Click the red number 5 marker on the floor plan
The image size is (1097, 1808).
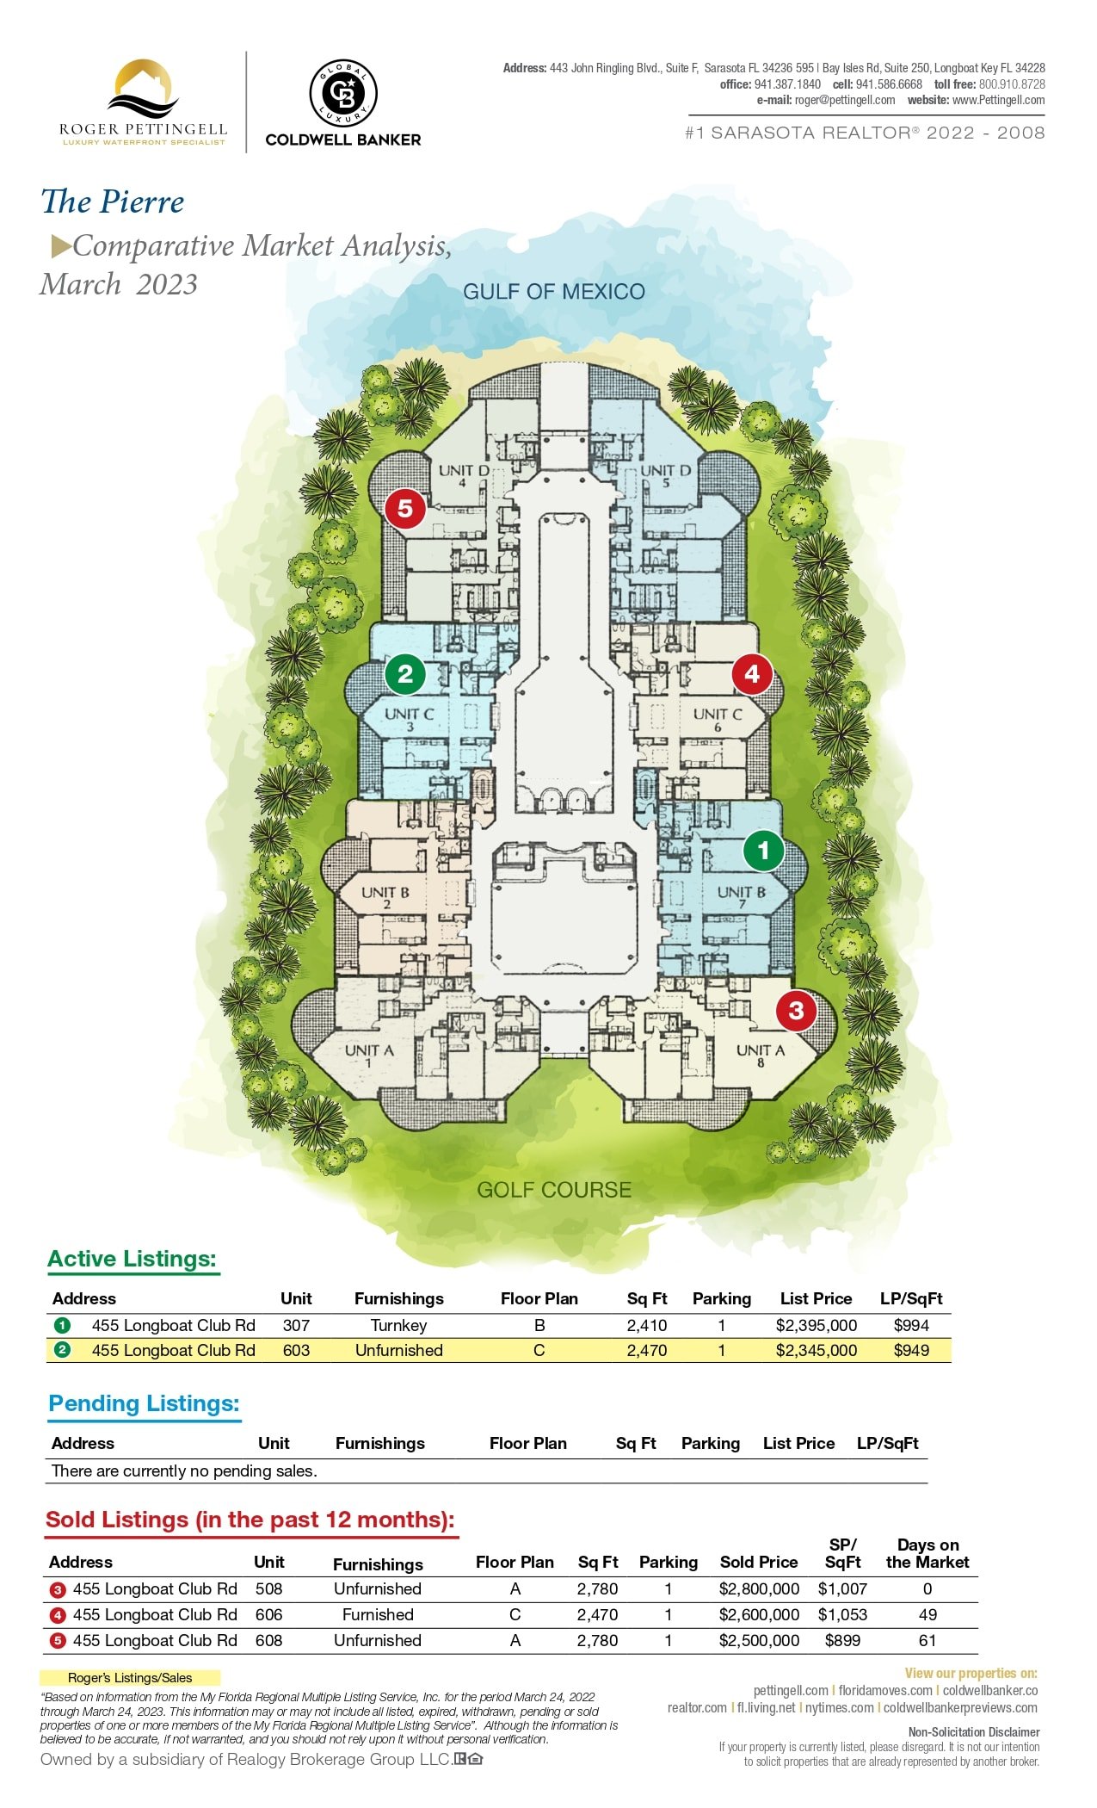coord(405,509)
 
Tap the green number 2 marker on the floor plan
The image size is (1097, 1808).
coord(405,673)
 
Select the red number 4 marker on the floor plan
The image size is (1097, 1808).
coord(752,673)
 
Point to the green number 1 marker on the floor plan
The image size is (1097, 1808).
coord(763,851)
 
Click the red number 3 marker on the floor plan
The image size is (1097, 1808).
coord(796,1010)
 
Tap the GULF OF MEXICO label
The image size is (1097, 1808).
coord(554,292)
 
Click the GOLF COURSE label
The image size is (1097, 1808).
coord(554,1190)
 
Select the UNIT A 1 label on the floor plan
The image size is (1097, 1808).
coord(369,1056)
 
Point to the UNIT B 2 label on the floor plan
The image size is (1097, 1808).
coord(385,897)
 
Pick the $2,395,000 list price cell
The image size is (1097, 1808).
coord(817,1325)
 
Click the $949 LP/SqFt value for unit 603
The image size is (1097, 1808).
coord(911,1350)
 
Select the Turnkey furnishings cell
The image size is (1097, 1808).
coord(398,1325)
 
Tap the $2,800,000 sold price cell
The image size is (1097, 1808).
coord(759,1588)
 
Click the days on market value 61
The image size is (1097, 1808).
coord(928,1640)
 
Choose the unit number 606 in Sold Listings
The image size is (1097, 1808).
coord(268,1614)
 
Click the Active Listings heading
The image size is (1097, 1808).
coord(132,1259)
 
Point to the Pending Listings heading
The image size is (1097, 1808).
coord(144,1403)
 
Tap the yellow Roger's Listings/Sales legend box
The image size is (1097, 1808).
coord(130,1677)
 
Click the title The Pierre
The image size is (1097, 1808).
coord(113,202)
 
